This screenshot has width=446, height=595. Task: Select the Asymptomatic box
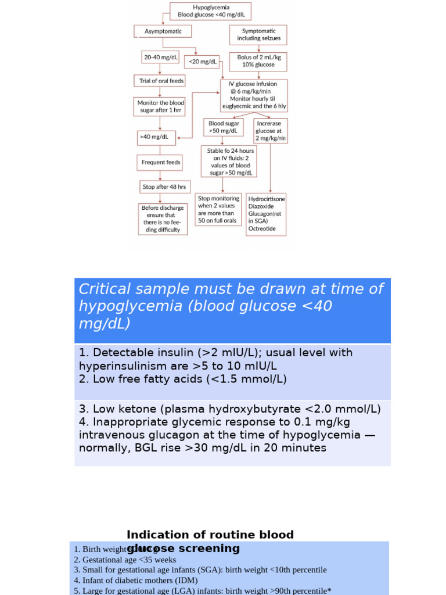163,31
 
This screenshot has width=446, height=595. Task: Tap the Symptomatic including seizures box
258,34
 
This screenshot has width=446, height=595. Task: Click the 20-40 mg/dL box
159,58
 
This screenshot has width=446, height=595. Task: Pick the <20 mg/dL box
201,61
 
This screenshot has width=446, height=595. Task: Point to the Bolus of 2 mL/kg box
258,61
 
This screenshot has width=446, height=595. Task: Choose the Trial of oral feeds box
159,81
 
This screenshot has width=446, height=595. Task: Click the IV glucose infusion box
254,95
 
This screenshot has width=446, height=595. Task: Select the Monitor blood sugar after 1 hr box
160,106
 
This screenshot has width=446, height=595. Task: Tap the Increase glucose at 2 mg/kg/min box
270,131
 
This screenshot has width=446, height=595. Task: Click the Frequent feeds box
160,162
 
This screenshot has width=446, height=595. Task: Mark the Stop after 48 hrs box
164,187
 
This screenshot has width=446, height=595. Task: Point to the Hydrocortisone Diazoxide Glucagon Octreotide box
267,214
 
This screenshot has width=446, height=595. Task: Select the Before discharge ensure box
163,218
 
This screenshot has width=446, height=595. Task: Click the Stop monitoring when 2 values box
218,209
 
